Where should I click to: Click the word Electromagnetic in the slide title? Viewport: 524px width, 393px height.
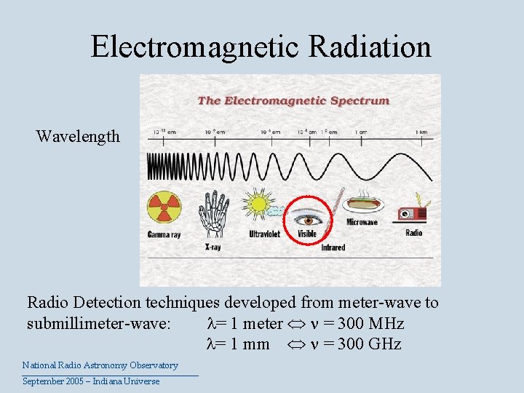(x=194, y=47)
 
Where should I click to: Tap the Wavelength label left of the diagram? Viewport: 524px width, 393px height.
(x=78, y=136)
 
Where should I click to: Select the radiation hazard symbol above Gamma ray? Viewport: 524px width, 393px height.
(x=164, y=207)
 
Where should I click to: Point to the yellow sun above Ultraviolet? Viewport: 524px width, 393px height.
(x=258, y=206)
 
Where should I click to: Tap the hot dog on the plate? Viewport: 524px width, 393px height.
(x=360, y=202)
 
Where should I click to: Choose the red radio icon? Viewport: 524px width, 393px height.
(x=412, y=213)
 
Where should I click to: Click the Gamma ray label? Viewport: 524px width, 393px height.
(x=164, y=234)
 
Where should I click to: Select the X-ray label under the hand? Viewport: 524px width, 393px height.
(x=212, y=247)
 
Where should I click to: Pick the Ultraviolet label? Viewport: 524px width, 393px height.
(x=264, y=234)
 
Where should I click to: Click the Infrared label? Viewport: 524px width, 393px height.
(x=333, y=247)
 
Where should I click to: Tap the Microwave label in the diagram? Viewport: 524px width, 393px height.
(x=362, y=223)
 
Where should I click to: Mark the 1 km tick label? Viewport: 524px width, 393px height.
(x=422, y=132)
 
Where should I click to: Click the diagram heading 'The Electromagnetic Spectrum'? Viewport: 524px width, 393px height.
(x=293, y=100)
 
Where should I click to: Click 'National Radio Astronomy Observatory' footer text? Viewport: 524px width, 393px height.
(x=100, y=365)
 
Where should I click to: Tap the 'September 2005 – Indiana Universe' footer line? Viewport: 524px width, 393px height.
(x=91, y=381)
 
